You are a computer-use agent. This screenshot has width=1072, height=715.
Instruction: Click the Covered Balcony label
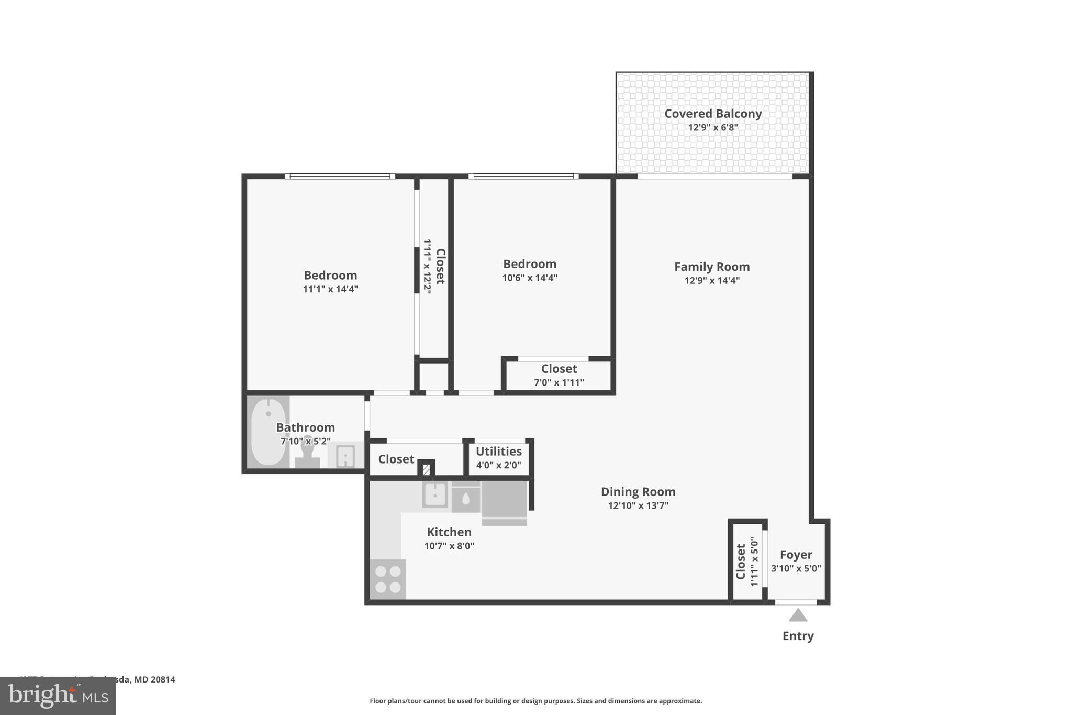point(712,114)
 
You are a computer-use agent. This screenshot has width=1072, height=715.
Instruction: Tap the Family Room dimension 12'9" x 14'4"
point(712,281)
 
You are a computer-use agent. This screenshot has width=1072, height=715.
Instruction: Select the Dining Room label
point(638,492)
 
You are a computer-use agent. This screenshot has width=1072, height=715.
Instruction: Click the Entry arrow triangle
point(798,615)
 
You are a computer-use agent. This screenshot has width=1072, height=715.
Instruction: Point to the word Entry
point(798,636)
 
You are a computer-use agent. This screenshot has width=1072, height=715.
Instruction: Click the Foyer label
point(796,555)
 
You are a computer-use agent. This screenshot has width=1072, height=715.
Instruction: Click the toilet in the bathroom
point(307,453)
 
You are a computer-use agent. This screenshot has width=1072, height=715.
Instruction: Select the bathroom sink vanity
point(345,455)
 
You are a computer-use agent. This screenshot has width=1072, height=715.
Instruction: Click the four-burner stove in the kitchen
point(387,579)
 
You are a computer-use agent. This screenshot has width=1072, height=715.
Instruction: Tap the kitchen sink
point(435,494)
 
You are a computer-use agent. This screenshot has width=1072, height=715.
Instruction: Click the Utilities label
point(498,452)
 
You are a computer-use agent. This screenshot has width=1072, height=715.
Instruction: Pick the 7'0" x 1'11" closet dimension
point(559,383)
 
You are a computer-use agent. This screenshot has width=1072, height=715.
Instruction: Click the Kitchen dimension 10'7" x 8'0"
point(449,546)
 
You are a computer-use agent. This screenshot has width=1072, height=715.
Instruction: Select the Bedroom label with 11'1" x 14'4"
point(330,276)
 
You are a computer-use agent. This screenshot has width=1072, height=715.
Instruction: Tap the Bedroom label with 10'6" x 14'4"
point(529,264)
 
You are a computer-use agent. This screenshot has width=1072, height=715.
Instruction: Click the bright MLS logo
point(58,696)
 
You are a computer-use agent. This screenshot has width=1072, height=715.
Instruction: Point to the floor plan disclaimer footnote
point(535,701)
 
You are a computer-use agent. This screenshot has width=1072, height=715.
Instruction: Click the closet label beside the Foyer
point(741,562)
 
